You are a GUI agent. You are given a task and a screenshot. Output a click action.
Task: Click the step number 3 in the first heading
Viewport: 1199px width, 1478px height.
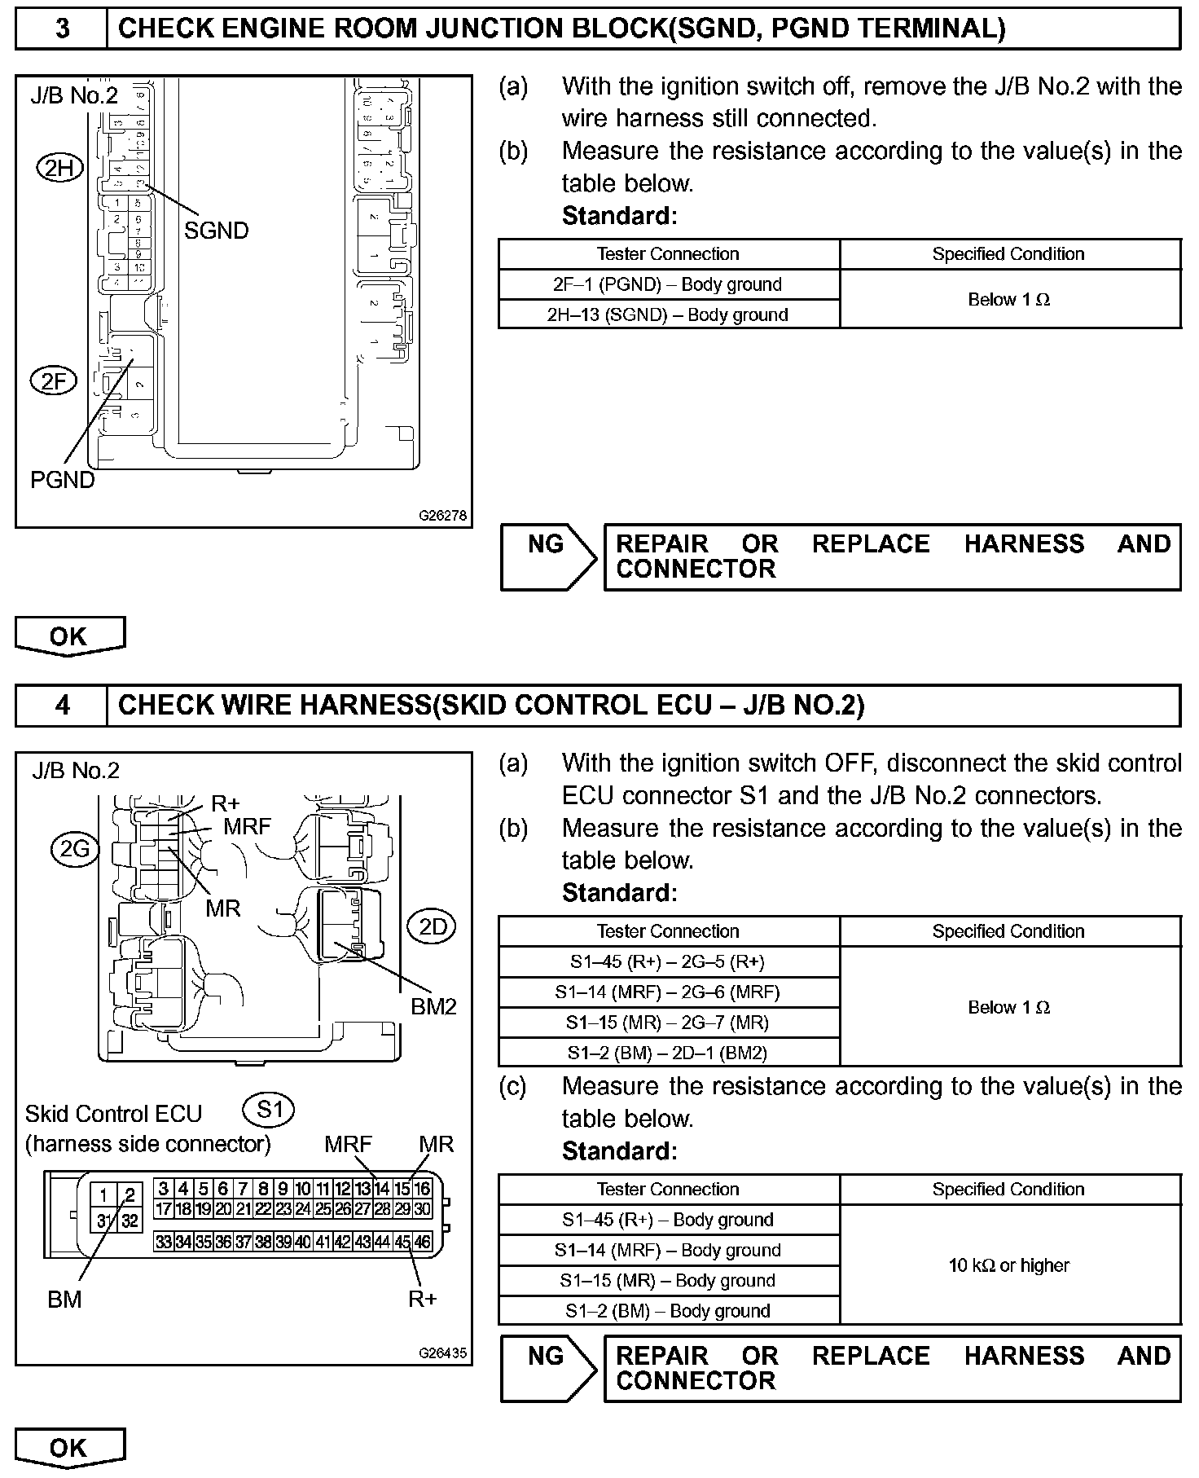pos(62,29)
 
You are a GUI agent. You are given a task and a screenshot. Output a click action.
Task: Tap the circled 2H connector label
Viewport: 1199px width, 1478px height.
pos(60,169)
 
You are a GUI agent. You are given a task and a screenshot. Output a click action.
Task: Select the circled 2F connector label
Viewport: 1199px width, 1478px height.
pos(53,380)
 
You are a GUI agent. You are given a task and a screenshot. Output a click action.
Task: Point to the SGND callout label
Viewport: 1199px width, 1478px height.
pos(216,231)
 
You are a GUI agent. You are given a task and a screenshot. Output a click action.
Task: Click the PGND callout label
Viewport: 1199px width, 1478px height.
pos(63,480)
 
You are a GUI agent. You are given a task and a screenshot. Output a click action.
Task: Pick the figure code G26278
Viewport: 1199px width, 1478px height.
pos(443,516)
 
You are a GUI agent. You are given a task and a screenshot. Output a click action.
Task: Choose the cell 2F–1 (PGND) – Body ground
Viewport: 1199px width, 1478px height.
pos(668,284)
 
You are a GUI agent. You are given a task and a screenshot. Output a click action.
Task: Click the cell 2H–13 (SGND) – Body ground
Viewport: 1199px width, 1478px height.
pos(668,315)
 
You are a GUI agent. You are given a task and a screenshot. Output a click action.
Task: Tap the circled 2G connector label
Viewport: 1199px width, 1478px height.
pos(74,850)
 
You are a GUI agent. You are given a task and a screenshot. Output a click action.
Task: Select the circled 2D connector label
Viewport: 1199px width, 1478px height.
pos(432,926)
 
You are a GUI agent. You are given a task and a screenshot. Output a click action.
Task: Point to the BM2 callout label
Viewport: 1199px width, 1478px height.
pos(433,1007)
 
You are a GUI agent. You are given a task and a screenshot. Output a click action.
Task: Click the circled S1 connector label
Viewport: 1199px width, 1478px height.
pos(269,1109)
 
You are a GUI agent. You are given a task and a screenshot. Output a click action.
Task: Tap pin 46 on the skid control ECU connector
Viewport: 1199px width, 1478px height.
pos(422,1242)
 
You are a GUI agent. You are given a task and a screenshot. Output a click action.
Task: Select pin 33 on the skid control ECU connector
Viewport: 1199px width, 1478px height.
pos(164,1242)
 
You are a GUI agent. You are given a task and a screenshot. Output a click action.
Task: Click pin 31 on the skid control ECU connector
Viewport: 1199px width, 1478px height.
pos(104,1221)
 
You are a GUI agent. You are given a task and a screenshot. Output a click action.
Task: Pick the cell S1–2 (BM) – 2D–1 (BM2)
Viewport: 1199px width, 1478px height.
pos(668,1053)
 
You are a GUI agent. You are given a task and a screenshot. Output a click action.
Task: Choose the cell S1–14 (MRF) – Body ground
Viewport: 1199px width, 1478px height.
pos(668,1250)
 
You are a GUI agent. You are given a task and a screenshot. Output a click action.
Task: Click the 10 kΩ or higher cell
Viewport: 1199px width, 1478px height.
pos(1009,1265)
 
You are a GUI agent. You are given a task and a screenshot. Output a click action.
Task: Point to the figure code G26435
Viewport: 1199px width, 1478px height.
pos(443,1353)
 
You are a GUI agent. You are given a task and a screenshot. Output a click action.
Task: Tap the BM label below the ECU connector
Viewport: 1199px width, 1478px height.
pos(64,1299)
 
